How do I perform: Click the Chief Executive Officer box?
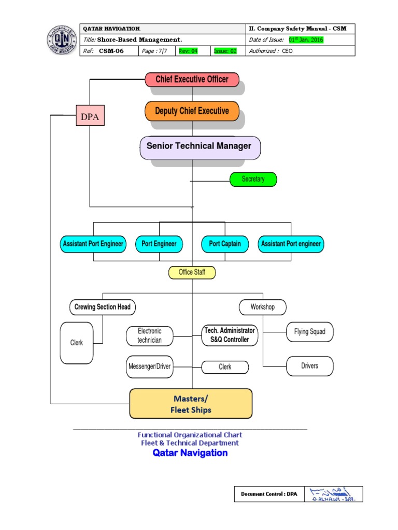click(x=192, y=80)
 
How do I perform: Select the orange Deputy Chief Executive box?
click(x=192, y=111)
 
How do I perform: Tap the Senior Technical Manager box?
click(x=200, y=146)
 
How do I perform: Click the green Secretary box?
click(x=253, y=179)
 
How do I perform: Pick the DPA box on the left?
click(x=90, y=117)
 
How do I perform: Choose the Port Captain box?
click(x=225, y=244)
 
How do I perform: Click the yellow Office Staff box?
click(x=192, y=272)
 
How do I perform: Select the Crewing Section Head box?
click(x=102, y=307)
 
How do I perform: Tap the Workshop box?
click(x=262, y=307)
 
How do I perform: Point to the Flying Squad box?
click(x=309, y=332)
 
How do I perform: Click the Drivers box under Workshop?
click(x=309, y=366)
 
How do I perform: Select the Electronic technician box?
click(x=149, y=335)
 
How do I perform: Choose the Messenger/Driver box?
click(x=149, y=366)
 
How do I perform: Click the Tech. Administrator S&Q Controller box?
click(x=230, y=335)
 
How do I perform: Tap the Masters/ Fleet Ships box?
click(x=191, y=404)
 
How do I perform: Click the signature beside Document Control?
click(x=333, y=494)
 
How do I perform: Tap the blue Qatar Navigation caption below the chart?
click(x=190, y=453)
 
